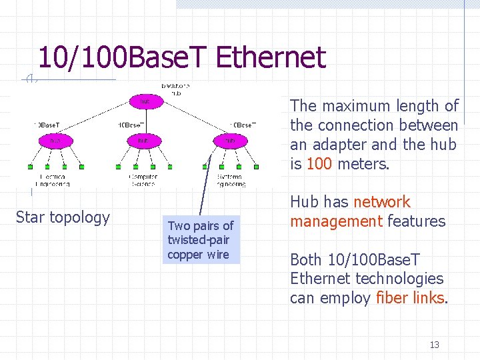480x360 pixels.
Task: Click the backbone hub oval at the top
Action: click(144, 101)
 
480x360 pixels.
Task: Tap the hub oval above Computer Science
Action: click(144, 141)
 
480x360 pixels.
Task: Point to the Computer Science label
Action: click(143, 180)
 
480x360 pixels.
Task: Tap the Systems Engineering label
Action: click(231, 180)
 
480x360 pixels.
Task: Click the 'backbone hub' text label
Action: click(171, 89)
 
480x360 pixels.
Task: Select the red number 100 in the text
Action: click(319, 163)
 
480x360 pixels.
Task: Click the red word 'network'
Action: click(382, 202)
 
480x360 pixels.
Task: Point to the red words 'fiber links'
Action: click(410, 298)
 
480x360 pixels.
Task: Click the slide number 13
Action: click(435, 345)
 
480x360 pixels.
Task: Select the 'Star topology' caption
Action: click(63, 217)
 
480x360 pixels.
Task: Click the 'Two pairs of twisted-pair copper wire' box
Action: click(200, 240)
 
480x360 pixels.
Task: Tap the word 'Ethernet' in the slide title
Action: click(271, 58)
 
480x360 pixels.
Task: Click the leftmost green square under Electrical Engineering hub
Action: click(30, 167)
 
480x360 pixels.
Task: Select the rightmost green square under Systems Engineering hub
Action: click(257, 167)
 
